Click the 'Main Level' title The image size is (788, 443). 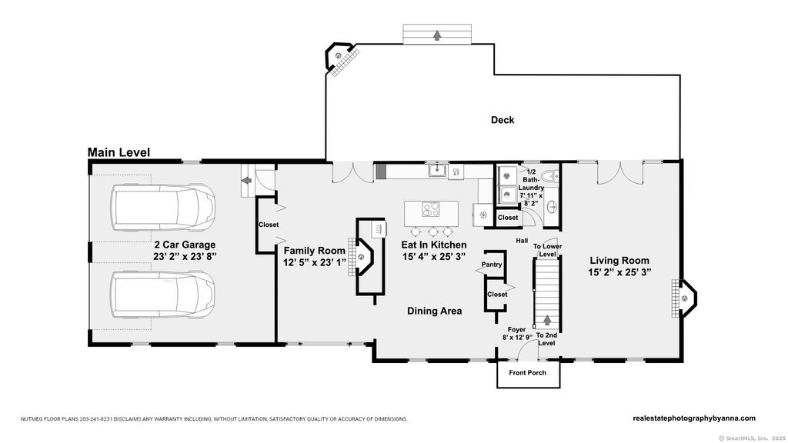(119, 152)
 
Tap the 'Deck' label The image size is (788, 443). (503, 119)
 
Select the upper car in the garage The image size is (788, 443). (164, 208)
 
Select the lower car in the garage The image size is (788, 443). (164, 295)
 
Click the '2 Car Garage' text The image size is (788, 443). (185, 245)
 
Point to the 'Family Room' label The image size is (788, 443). (315, 250)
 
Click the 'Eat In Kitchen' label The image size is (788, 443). (434, 245)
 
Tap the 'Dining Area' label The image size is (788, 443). (434, 311)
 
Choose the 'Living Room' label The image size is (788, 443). (619, 260)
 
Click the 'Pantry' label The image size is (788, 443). (492, 265)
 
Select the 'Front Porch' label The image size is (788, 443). (527, 373)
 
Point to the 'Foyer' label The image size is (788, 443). (516, 330)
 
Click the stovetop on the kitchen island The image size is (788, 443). (431, 208)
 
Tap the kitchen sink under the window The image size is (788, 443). (437, 170)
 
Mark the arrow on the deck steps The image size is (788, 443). (437, 35)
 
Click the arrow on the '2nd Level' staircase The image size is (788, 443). (547, 320)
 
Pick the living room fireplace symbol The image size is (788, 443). (684, 298)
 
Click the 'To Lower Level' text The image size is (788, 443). (547, 250)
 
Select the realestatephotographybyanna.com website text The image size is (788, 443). (694, 418)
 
